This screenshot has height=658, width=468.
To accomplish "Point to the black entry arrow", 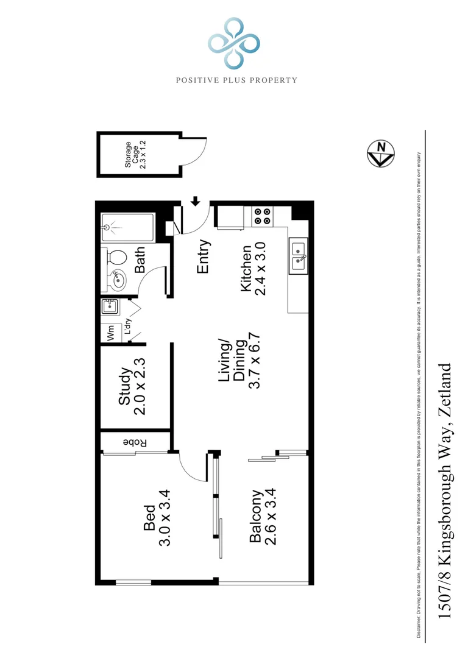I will click(x=196, y=200).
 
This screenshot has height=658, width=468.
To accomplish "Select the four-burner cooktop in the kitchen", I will click(x=263, y=216).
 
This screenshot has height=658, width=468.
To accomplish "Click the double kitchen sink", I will click(x=299, y=256).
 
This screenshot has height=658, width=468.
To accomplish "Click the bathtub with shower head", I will click(x=127, y=227).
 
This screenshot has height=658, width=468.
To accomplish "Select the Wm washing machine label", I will click(x=111, y=332).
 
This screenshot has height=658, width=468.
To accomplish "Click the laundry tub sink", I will click(x=110, y=306).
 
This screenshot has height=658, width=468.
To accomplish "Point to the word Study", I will click(x=124, y=387).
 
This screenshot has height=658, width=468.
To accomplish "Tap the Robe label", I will click(x=135, y=442).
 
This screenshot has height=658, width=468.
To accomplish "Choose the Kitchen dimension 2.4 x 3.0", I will click(x=261, y=269).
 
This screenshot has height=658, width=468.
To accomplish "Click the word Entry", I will click(x=204, y=256).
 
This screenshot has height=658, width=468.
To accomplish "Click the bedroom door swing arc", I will click(x=190, y=468).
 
